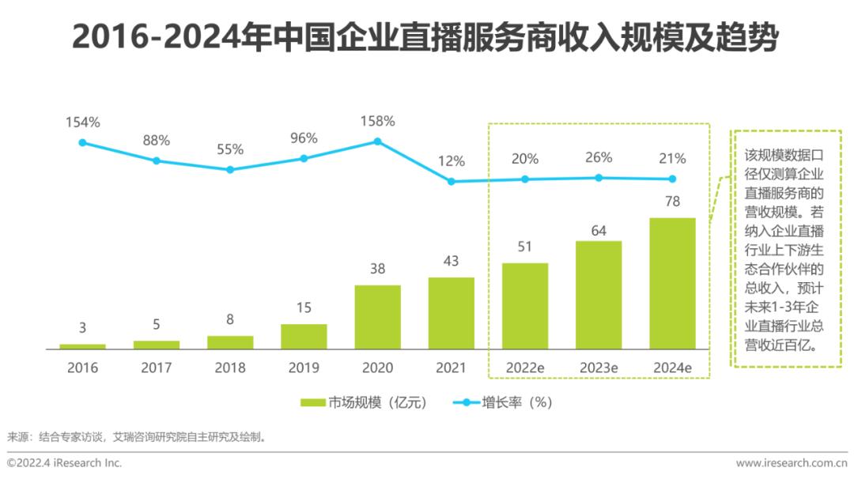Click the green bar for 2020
point(377,317)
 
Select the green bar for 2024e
point(672,283)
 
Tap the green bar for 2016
point(82,346)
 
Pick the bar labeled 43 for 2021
point(452,313)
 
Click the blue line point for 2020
point(377,141)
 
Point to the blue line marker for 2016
point(82,142)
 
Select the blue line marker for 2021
point(452,181)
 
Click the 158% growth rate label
point(377,122)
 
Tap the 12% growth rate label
point(452,161)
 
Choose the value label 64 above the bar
point(599,230)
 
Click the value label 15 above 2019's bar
point(304,307)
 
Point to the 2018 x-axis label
point(230,368)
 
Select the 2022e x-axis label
point(525,368)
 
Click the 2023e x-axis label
point(599,368)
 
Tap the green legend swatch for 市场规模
point(313,402)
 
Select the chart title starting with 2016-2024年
point(425,37)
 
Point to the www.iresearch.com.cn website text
point(791,462)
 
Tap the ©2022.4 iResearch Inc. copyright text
point(65,462)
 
